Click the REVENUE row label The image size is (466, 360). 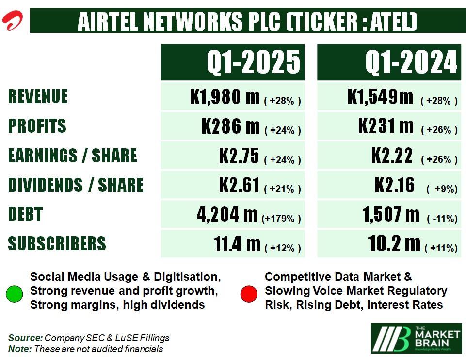[38, 97]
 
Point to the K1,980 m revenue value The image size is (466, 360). [225, 97]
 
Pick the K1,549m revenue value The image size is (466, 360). [380, 97]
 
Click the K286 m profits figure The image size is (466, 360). [230, 126]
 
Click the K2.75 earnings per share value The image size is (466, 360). [240, 156]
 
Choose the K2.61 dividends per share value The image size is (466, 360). [240, 185]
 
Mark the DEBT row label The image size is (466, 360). [25, 214]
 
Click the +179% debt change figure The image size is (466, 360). [281, 219]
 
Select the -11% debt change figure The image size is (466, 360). [442, 219]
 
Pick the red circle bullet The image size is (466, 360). [249, 294]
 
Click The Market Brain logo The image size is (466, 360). [416, 338]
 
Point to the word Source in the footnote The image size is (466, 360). [25, 338]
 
